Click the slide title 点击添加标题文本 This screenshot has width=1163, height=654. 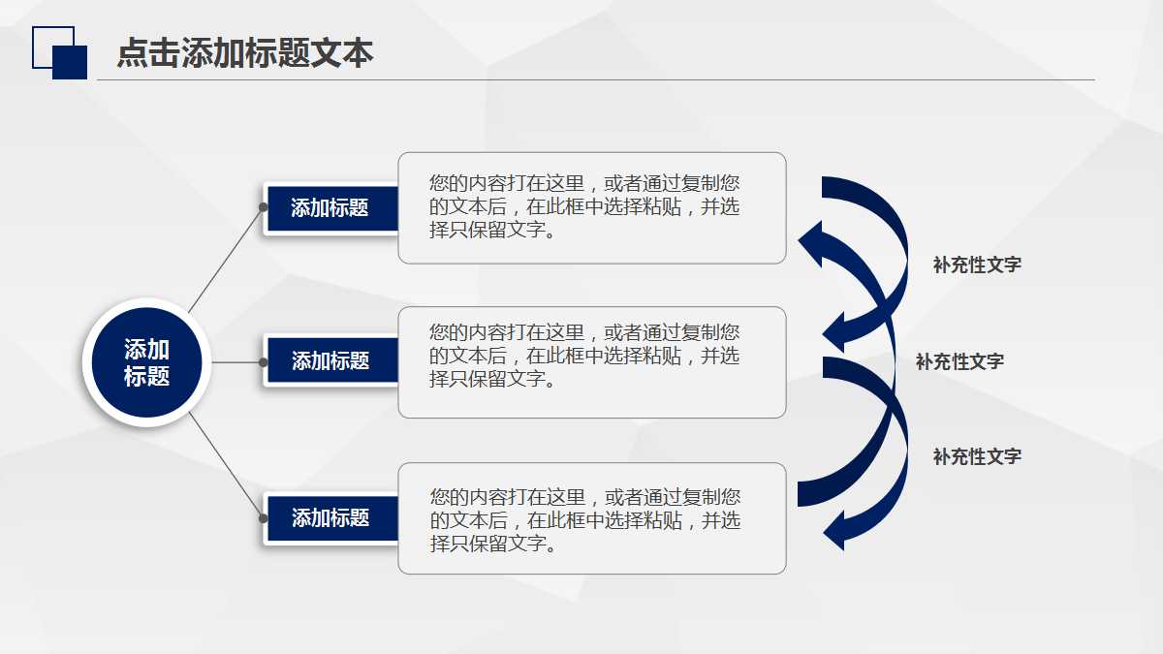[x=245, y=53]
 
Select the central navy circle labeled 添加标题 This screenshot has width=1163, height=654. [x=146, y=363]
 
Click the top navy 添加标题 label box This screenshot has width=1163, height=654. [x=330, y=208]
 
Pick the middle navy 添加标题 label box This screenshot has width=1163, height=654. [x=330, y=361]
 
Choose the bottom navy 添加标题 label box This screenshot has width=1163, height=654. [x=330, y=518]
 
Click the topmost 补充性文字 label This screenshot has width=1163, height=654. [x=977, y=265]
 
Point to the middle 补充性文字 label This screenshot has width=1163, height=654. [x=959, y=361]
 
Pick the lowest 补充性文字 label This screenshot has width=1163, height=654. [x=977, y=456]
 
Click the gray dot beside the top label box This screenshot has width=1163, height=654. [x=264, y=206]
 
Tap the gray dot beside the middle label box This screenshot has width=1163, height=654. [x=264, y=361]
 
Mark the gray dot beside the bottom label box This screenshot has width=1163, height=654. [x=264, y=518]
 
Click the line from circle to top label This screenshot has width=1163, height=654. [x=225, y=260]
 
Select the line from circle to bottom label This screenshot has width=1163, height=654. [x=225, y=464]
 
